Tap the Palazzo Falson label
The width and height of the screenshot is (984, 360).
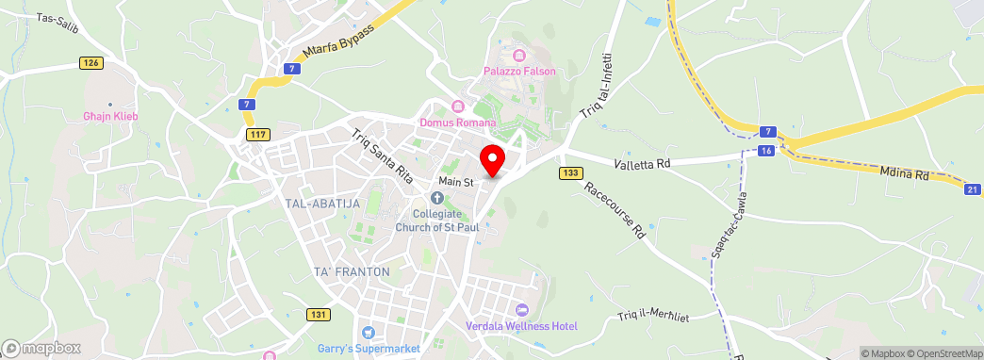tap(520, 72)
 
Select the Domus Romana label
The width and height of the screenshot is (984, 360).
tap(459, 122)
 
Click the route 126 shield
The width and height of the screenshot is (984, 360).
tap(90, 62)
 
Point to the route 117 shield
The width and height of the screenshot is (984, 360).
tap(257, 135)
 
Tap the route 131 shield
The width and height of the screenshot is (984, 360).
tap(320, 315)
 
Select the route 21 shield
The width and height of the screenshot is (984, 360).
tap(973, 189)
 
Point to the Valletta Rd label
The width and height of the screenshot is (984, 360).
tap(642, 163)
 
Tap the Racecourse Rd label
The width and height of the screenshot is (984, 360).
tap(614, 209)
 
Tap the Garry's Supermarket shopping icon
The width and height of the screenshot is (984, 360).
tap(368, 333)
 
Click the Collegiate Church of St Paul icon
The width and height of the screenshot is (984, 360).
tap(436, 198)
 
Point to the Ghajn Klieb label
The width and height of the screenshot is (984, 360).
tap(110, 116)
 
